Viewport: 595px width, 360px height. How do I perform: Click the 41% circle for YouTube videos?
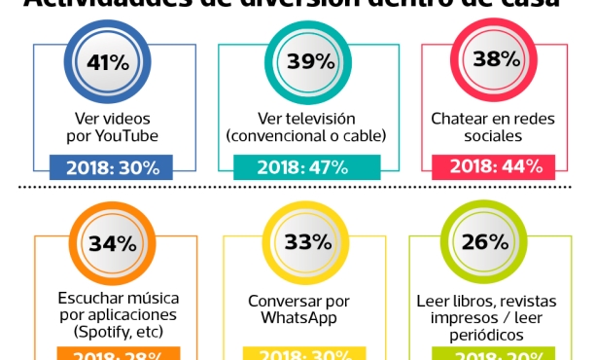pyautogui.click(x=108, y=62)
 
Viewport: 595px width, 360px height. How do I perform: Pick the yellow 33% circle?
pyautogui.click(x=303, y=242)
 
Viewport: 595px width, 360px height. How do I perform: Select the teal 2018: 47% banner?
pyautogui.click(x=303, y=166)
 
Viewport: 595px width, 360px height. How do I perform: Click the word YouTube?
pyautogui.click(x=122, y=135)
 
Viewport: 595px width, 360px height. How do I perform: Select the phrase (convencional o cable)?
pyautogui.click(x=305, y=135)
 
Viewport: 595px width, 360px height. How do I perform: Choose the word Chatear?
pyautogui.click(x=464, y=118)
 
